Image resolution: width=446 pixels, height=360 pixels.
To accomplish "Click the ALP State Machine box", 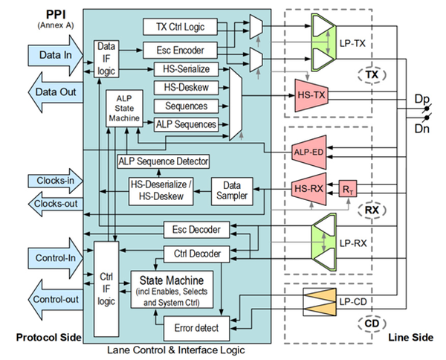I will [x=120, y=109].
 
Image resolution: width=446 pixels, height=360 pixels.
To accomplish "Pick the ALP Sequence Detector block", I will [x=162, y=161].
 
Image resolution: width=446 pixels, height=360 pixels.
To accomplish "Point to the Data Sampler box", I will [x=233, y=190].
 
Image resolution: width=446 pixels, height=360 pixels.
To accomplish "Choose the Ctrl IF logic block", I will [x=106, y=289].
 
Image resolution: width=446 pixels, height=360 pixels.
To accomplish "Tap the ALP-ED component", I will [x=308, y=153].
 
